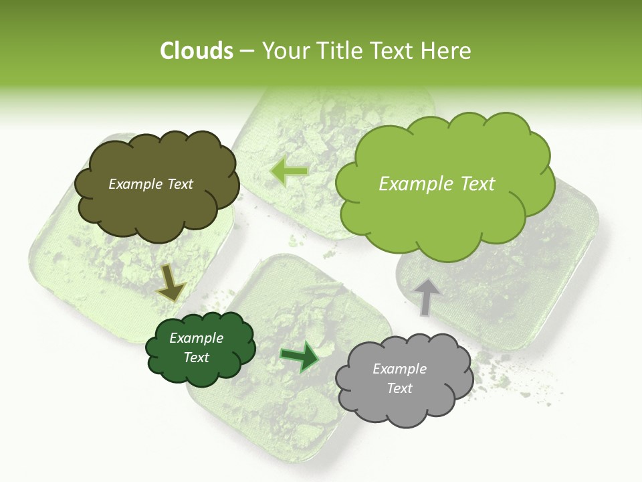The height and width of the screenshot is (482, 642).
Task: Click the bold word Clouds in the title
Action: pos(196,51)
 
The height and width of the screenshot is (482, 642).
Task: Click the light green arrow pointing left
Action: pos(289,171)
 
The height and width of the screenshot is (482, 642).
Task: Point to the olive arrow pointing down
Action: pos(171,283)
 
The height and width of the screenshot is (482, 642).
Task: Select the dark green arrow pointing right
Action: pos(300,357)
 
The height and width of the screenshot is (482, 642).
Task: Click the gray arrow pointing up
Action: pos(426,297)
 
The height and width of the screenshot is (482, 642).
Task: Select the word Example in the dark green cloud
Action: pos(196,338)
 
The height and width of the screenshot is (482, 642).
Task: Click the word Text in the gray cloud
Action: pos(399,388)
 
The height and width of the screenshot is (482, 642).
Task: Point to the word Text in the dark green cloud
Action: pos(196,357)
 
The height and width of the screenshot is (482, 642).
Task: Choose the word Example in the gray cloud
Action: pos(399,369)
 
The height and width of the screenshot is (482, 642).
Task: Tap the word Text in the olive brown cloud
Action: pos(179,184)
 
